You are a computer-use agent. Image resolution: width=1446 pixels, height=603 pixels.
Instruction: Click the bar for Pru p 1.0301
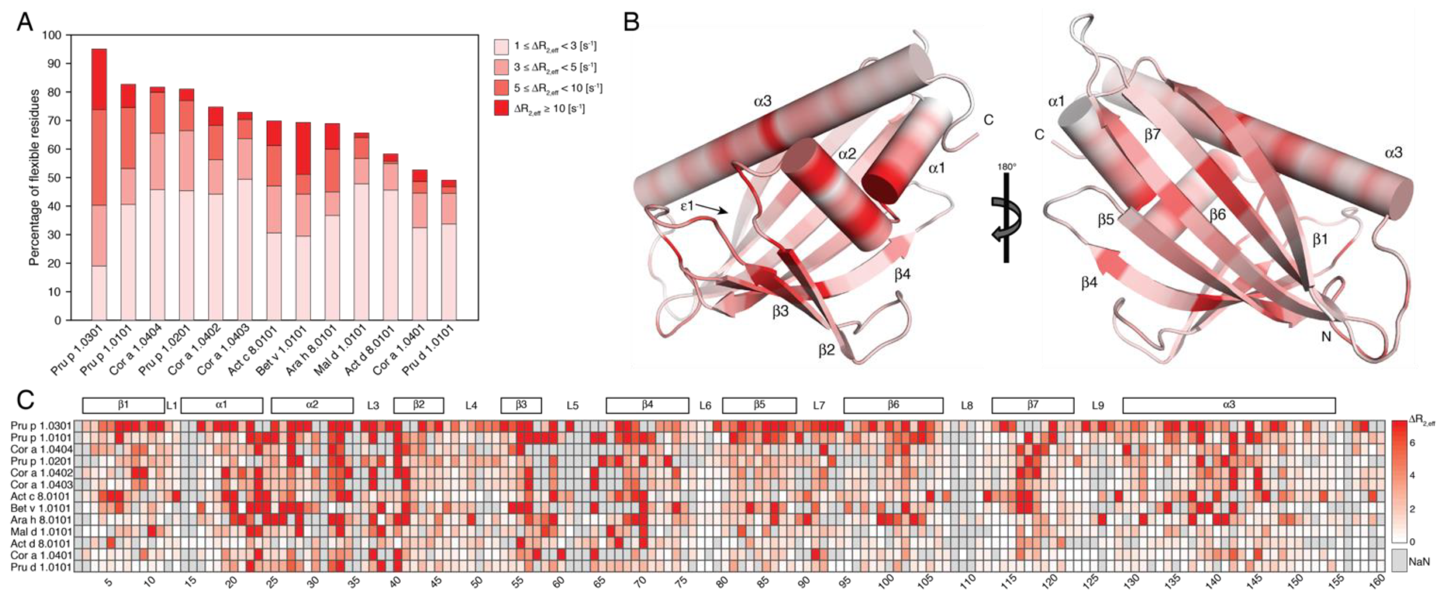pos(99,185)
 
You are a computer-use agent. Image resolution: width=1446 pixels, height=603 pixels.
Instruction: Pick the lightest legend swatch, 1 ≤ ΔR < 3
pos(501,46)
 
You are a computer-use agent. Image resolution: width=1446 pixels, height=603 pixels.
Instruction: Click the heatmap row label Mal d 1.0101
pos(41,531)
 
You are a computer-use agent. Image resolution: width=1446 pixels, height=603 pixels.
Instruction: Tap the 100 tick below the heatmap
pos(886,582)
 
